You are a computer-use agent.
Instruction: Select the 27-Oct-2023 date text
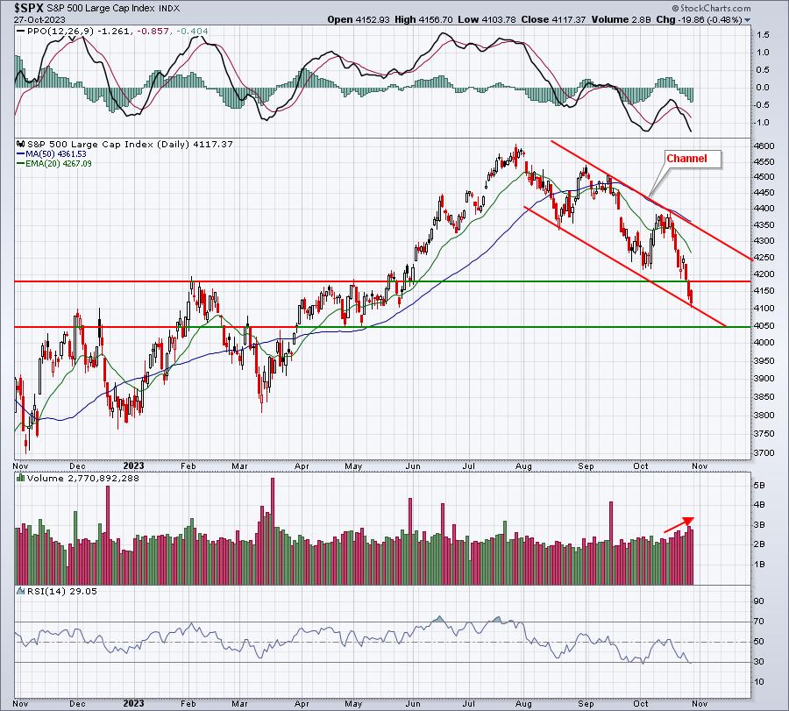click(x=32, y=19)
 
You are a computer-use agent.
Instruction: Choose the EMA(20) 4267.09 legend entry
click(x=60, y=165)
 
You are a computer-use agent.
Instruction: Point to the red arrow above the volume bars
click(x=679, y=523)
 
